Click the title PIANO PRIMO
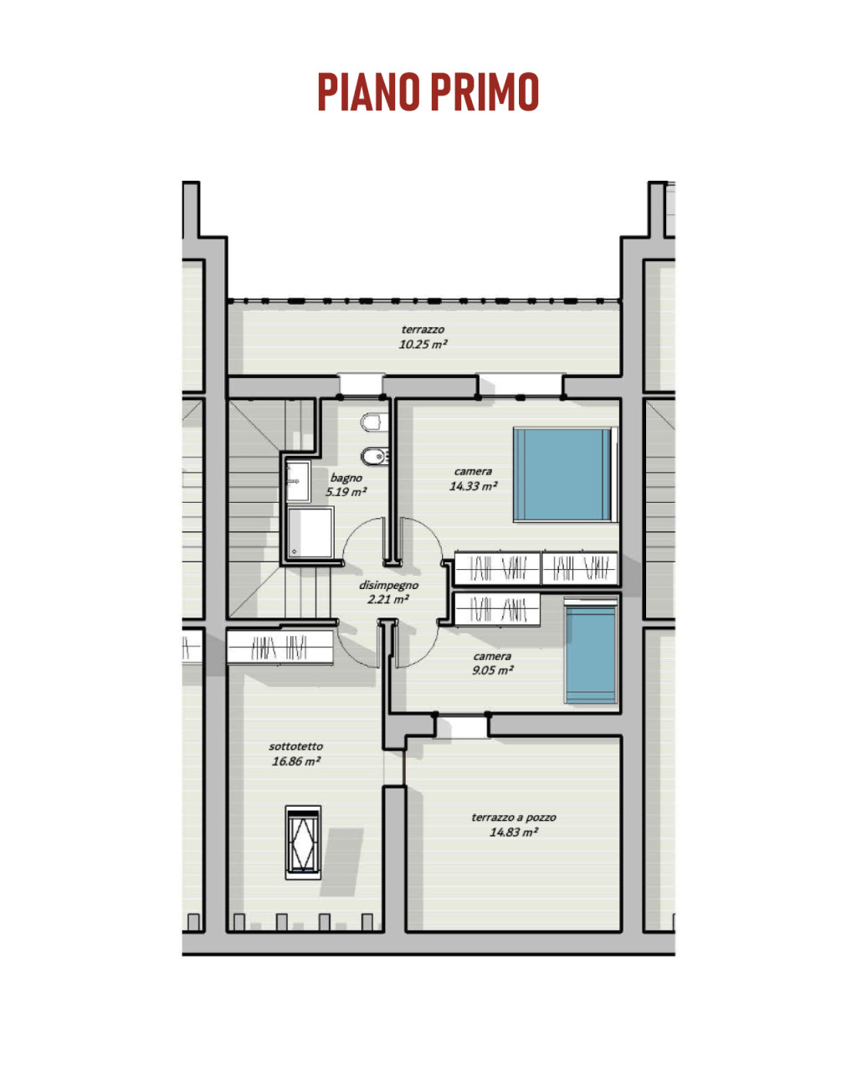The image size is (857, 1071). (428, 91)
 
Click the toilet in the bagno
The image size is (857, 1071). (374, 422)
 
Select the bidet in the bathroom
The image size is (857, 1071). (374, 456)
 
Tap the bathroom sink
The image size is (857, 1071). (298, 481)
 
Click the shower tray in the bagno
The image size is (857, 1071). (310, 532)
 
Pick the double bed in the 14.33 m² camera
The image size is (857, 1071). (565, 474)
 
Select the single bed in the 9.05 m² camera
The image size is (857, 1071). (591, 650)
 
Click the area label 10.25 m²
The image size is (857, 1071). (423, 344)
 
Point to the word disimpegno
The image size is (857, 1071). (388, 585)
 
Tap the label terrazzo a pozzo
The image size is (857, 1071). (513, 817)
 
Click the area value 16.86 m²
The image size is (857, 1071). (295, 761)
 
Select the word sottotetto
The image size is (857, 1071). (295, 746)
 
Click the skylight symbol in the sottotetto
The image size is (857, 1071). (303, 843)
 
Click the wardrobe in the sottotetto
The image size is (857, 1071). (280, 647)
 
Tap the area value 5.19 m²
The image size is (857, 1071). (346, 492)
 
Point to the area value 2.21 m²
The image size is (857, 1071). (388, 600)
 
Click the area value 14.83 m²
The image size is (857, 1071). (513, 832)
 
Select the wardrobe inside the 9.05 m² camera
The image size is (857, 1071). (497, 609)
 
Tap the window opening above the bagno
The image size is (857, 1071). (361, 385)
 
